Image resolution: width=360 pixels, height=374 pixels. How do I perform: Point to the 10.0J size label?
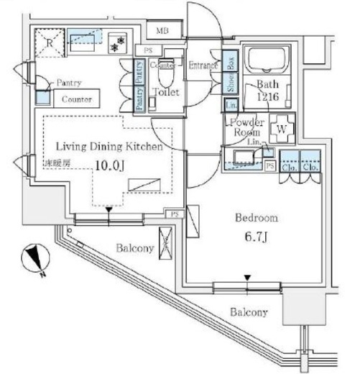coord(109,165)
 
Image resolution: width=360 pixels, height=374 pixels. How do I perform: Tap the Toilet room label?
coord(167,91)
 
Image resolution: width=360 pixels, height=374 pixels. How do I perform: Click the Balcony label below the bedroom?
coord(249,312)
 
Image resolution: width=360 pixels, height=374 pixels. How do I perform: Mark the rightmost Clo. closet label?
coord(310,167)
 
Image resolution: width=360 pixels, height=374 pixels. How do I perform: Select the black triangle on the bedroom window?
coord(248,278)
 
